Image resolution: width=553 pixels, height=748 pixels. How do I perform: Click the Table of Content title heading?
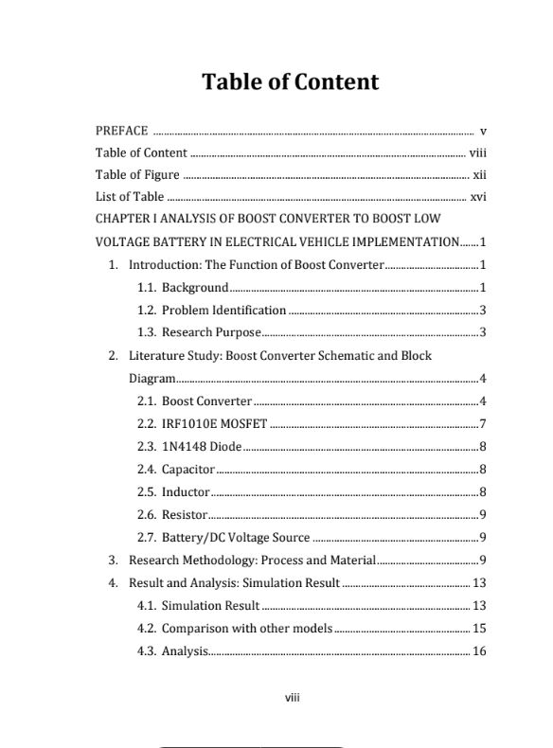click(x=290, y=82)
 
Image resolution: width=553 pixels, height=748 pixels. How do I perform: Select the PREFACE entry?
click(x=121, y=131)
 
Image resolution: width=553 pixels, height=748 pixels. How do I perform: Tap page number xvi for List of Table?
click(x=478, y=198)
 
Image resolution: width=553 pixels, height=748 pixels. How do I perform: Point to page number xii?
click(x=479, y=175)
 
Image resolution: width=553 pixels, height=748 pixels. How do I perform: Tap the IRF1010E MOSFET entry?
click(x=202, y=423)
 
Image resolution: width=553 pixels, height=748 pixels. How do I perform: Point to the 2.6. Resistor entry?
click(x=171, y=514)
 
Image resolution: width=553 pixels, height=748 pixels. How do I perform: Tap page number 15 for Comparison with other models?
click(x=479, y=629)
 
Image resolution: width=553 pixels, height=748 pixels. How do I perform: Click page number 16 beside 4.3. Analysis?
click(x=479, y=651)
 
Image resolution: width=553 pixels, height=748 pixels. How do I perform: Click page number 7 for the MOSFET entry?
click(x=483, y=423)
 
